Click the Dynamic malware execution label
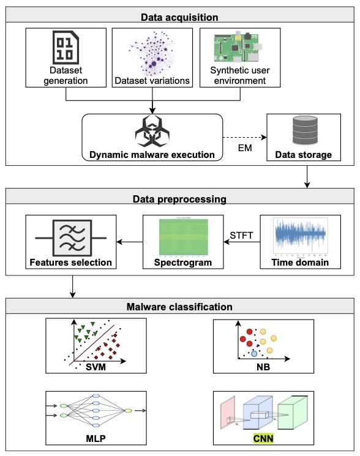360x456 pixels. click(x=151, y=154)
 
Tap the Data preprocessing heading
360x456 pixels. click(x=180, y=198)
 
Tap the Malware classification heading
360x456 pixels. click(x=180, y=306)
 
